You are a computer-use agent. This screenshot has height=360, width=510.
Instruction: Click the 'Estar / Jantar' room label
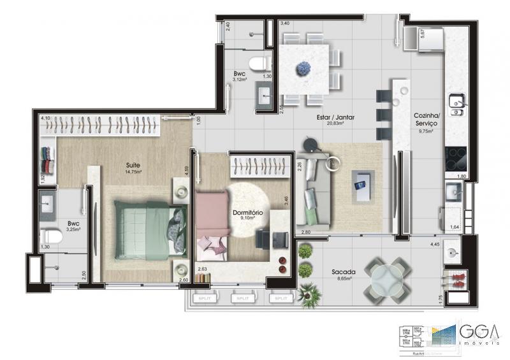[335, 118]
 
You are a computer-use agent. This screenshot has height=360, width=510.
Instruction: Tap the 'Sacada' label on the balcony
[343, 271]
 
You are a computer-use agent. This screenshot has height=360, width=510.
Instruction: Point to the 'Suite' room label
[133, 164]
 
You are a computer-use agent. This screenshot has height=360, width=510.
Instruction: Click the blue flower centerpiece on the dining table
[302, 68]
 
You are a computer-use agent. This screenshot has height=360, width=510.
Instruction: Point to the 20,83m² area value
[335, 125]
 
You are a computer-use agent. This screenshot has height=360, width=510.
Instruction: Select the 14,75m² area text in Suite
[133, 171]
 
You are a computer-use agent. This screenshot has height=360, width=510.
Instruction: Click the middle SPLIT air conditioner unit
[242, 298]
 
